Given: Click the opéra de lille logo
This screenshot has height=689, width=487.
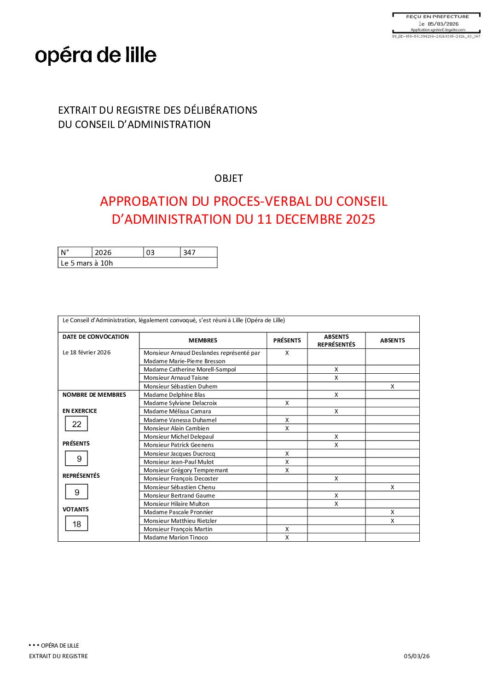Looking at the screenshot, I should [96, 56].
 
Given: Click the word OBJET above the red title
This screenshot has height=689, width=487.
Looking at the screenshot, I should [229, 178].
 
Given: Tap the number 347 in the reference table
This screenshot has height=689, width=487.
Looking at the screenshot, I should [189, 252].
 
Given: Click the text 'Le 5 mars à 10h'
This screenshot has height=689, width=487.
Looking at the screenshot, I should [87, 263].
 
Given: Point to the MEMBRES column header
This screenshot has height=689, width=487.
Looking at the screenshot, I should [203, 341].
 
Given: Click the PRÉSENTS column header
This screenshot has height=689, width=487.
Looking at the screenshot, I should [287, 341].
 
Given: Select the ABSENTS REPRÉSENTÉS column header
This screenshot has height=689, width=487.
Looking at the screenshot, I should [336, 341].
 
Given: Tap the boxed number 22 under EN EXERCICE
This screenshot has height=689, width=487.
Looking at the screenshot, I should [76, 424].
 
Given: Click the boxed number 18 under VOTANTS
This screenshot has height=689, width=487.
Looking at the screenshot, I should [76, 524].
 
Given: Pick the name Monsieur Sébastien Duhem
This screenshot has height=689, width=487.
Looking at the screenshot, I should [180, 387].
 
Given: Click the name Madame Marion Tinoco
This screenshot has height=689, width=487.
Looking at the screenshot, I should [176, 538].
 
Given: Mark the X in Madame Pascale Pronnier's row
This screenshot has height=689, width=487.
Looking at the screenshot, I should [392, 512].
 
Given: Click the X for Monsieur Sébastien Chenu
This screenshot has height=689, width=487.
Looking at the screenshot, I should [392, 487].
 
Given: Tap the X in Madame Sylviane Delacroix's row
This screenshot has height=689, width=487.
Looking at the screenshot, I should [287, 403].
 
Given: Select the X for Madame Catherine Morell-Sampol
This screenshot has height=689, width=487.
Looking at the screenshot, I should [336, 370].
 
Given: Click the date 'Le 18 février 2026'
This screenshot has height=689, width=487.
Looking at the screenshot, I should [87, 353].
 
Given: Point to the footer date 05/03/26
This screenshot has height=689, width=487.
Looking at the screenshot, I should [417, 656].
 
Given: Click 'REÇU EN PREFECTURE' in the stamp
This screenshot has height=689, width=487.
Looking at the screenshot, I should [437, 17].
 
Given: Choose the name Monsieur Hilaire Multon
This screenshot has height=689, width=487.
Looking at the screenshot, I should [176, 504].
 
